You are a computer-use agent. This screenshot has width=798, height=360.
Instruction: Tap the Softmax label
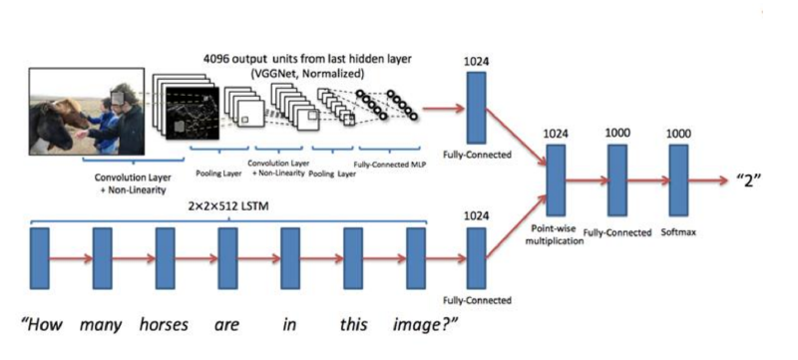tap(678, 232)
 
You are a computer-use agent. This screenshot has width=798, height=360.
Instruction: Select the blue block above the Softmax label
tap(678, 180)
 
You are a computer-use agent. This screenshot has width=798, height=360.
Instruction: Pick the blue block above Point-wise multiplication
tap(556, 180)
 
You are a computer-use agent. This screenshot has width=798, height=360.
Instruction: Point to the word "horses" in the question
tap(163, 324)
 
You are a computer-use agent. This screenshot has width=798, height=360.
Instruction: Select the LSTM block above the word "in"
tap(290, 258)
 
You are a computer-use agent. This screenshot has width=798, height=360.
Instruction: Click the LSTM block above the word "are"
tap(227, 258)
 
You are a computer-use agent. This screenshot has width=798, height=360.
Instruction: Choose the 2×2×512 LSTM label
tap(227, 207)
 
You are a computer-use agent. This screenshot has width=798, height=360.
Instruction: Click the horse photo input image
tap(87, 112)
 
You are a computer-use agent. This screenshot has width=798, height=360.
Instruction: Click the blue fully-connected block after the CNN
tap(476, 108)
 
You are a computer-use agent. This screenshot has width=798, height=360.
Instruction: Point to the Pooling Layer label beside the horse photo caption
tap(218, 173)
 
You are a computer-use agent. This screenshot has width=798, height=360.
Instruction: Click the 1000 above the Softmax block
tap(678, 134)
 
